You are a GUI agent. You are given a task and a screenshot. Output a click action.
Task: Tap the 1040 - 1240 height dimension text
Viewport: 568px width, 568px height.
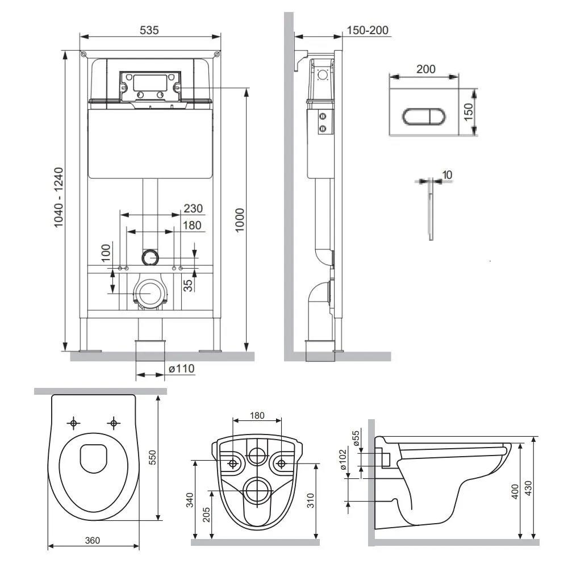(59, 198)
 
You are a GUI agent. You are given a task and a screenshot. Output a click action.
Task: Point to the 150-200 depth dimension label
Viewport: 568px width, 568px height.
(367, 30)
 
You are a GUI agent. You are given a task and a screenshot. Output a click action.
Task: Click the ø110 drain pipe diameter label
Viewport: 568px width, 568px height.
(182, 369)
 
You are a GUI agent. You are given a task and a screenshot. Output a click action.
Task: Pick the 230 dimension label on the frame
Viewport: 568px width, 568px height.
(193, 208)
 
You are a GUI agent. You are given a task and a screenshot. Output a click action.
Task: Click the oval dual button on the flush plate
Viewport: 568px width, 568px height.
(424, 116)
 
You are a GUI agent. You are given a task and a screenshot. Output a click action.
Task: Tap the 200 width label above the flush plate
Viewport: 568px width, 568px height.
(425, 69)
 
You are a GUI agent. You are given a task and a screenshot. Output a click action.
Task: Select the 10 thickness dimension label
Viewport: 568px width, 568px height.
(448, 174)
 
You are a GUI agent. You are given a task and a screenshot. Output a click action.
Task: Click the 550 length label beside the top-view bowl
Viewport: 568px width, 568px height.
(152, 457)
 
